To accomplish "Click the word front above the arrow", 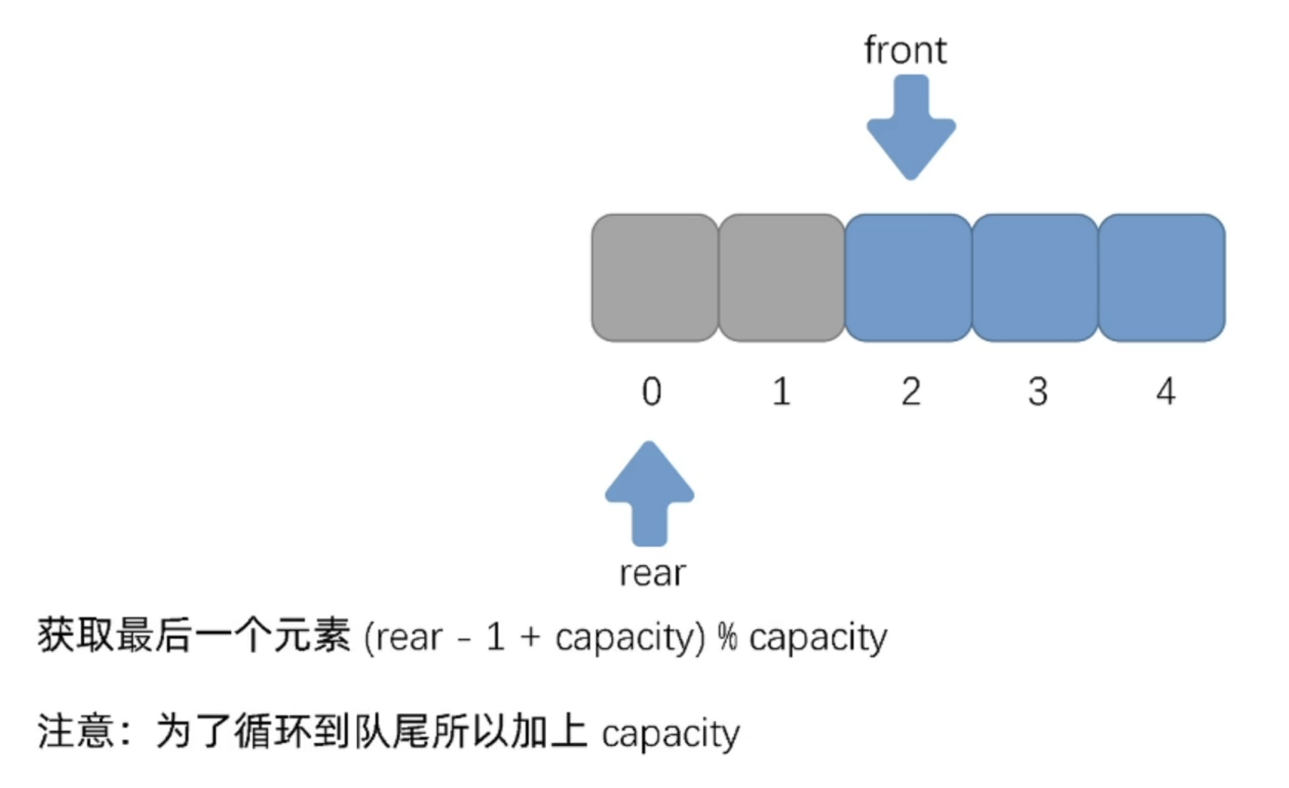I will [x=905, y=51].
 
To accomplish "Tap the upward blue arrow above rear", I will [x=649, y=491].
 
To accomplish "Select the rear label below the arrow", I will [x=652, y=573].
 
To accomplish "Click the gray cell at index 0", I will [x=654, y=278].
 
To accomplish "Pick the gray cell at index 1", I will [x=781, y=278].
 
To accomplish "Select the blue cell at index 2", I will [x=908, y=278].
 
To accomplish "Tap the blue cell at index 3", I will [x=1035, y=278].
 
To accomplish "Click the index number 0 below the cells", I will [x=652, y=392].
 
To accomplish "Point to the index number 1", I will [x=781, y=392].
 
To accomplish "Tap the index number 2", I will [x=910, y=392].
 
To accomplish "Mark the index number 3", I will [x=1038, y=392].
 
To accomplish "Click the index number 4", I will [x=1166, y=392].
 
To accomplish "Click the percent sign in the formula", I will [x=726, y=637].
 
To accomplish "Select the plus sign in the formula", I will [x=530, y=637].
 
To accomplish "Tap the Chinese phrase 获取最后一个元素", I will [x=194, y=635].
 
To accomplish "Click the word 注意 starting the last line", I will [x=76, y=732].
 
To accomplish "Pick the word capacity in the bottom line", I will [x=670, y=735].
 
